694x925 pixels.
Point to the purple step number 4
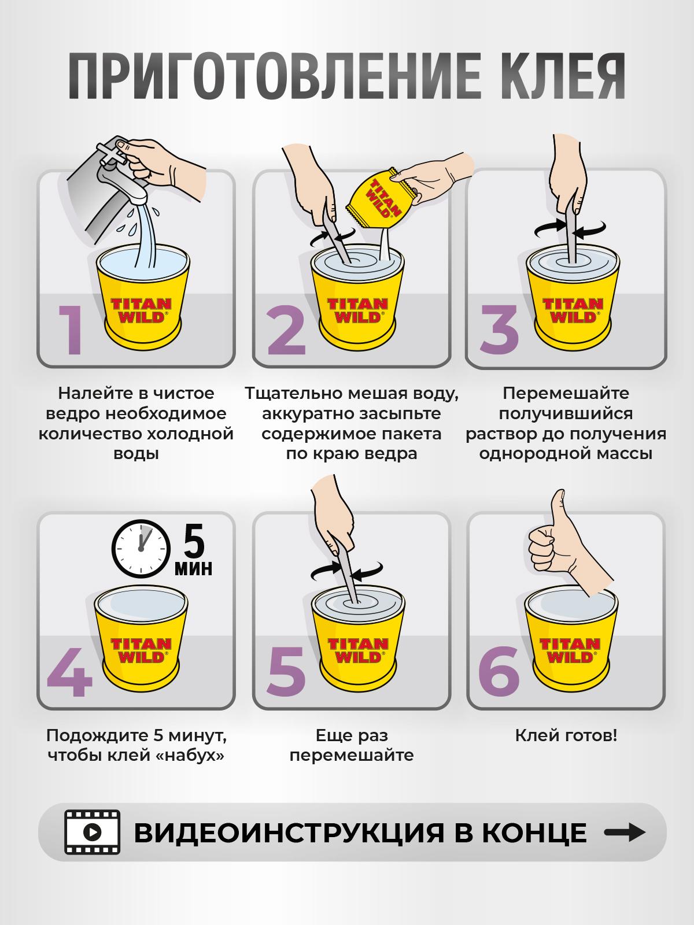coord(69,672)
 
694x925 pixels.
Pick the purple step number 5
coord(286,672)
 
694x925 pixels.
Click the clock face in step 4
coord(141,549)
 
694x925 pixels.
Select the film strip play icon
coord(93,832)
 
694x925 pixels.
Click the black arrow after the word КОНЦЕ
coord(625,832)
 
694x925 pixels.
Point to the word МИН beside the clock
coord(193,568)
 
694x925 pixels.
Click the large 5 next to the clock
coord(194,541)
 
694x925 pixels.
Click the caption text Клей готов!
coord(566,736)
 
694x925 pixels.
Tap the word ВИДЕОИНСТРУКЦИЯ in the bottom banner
coord(289,832)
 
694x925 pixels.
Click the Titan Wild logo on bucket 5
coord(358,650)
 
